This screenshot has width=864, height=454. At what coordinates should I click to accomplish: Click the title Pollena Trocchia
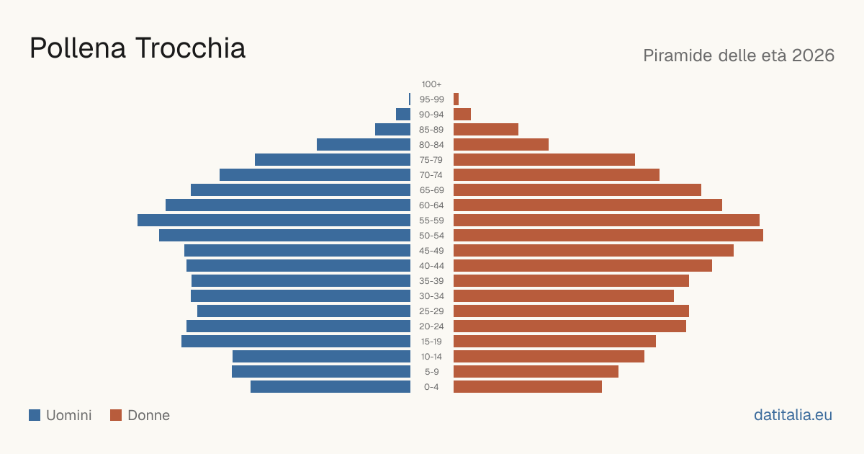pos(138,48)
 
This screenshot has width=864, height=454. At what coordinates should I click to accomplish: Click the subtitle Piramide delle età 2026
pos(739,55)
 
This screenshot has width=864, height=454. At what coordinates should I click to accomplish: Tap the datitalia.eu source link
pos(793,415)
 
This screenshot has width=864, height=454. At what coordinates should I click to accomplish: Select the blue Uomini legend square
pos(35,415)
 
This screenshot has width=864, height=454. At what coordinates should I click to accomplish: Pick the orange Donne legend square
pos(116,415)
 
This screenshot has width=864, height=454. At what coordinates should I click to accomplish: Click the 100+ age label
pos(431,84)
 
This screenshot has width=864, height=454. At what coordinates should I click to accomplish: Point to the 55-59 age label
pos(431,221)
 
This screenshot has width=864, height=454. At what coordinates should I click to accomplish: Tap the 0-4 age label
pos(431,387)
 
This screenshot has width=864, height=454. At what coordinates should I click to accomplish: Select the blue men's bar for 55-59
pos(274,220)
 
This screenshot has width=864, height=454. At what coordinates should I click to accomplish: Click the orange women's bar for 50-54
pos(608,236)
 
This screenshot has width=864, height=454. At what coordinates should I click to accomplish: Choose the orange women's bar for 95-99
pos(456,99)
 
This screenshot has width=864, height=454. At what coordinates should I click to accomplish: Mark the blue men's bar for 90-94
pos(403,115)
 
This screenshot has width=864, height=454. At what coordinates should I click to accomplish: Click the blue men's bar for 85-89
pos(392,129)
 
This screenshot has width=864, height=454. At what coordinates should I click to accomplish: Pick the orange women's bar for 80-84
pos(501,144)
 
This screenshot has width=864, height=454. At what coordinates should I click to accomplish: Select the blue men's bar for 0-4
pos(330,387)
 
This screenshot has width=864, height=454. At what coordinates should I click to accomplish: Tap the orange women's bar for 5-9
pos(536,371)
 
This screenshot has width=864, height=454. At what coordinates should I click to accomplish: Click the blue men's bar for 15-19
pos(296,342)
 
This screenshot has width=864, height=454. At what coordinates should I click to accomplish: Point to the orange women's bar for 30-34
pos(564,295)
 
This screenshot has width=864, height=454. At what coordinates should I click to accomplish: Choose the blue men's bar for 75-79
pos(333,160)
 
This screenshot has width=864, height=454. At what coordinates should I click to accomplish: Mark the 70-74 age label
pos(431,175)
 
